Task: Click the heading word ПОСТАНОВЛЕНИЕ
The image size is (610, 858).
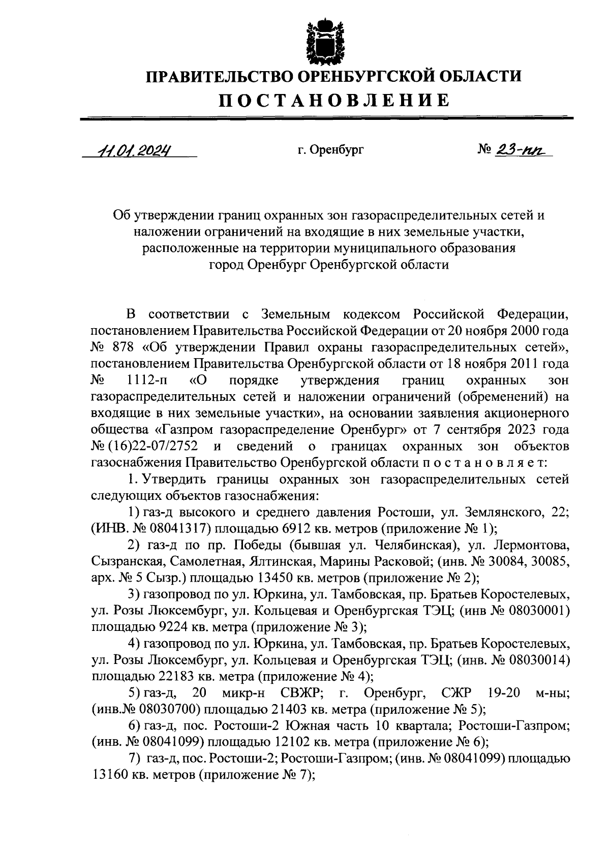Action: (334, 100)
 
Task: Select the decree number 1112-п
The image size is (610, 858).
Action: (147, 380)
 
